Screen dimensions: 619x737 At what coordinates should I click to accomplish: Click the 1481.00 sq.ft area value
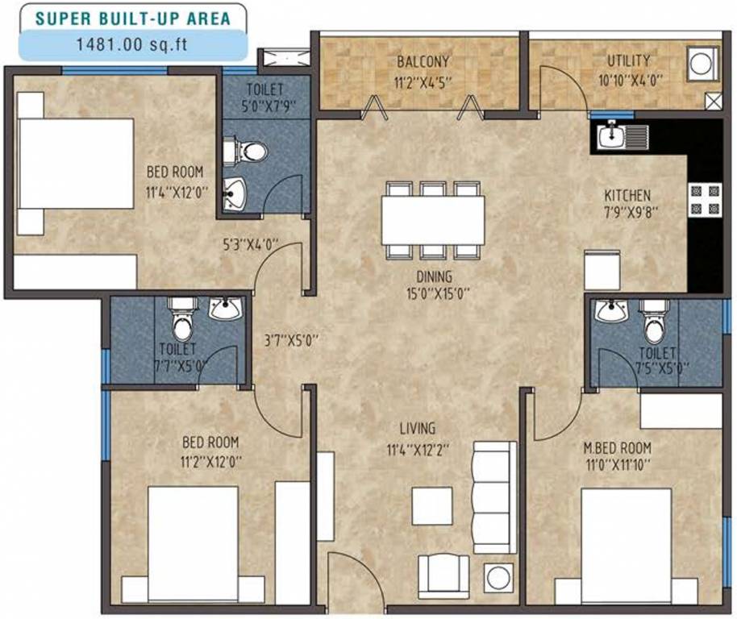pyautogui.click(x=131, y=44)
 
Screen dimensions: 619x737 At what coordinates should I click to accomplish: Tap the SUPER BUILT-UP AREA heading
pyautogui.click(x=131, y=16)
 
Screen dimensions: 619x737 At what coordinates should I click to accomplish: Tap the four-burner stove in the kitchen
pyautogui.click(x=703, y=200)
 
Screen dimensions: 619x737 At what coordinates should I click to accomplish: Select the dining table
pyautogui.click(x=434, y=220)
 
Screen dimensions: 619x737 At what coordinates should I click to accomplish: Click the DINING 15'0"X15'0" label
pyautogui.click(x=437, y=285)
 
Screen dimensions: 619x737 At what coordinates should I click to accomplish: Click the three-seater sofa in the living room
pyautogui.click(x=493, y=496)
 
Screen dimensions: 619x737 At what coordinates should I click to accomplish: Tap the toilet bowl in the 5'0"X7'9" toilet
pyautogui.click(x=252, y=151)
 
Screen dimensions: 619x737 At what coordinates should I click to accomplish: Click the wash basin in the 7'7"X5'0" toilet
pyautogui.click(x=224, y=308)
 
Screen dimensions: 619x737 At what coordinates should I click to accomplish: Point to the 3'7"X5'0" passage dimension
pyautogui.click(x=291, y=340)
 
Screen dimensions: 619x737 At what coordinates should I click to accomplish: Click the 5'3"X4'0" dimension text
pyautogui.click(x=251, y=243)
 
